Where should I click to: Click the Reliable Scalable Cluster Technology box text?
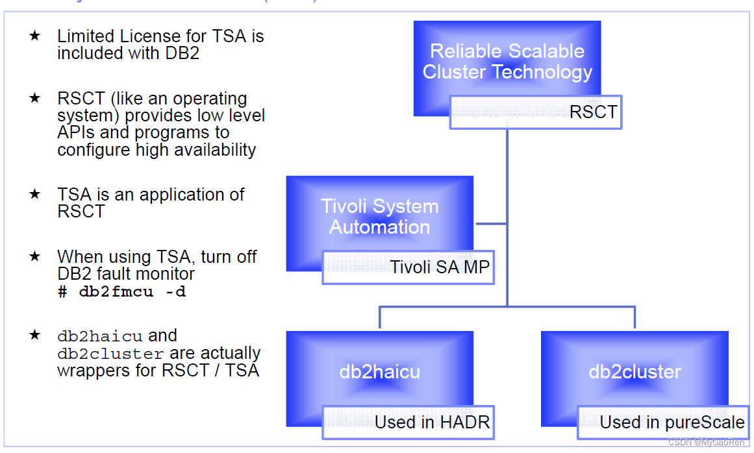(x=507, y=61)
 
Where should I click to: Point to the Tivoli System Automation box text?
(x=380, y=217)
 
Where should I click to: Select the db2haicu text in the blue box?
(x=379, y=372)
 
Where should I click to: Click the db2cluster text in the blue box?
(x=635, y=372)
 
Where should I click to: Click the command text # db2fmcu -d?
(x=121, y=291)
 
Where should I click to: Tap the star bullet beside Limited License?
(x=34, y=36)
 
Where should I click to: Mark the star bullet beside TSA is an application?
(x=34, y=194)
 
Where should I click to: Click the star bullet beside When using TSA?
(x=34, y=256)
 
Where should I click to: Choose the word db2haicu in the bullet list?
(x=99, y=336)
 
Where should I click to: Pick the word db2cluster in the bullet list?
(x=110, y=354)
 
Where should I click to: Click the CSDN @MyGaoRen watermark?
(x=707, y=443)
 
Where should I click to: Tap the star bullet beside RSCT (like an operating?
(x=34, y=99)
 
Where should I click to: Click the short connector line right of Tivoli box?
(x=491, y=224)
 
